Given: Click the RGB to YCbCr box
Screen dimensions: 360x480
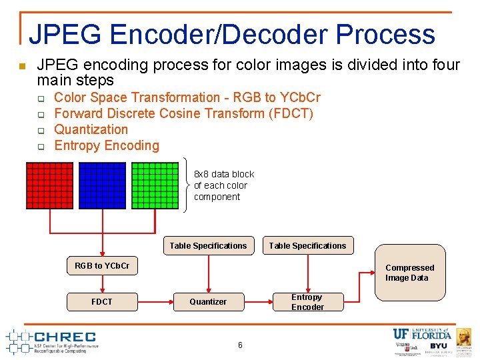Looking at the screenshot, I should coord(102,265).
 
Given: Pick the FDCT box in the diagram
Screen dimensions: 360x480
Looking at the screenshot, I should coord(102,302).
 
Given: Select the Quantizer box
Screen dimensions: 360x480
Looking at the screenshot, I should coord(208,302).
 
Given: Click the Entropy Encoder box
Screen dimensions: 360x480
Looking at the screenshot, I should coord(307,302).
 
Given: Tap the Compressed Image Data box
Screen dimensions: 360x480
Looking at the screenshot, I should coord(409,273).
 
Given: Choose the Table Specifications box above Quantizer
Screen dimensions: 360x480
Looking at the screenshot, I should coord(208,246).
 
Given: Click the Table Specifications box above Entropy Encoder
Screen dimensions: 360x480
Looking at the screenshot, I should coord(307,246).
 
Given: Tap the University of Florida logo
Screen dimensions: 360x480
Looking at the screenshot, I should coord(422,334).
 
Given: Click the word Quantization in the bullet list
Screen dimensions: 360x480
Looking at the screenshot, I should coord(91,129).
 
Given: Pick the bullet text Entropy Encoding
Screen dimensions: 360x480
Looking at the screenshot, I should coord(107,145).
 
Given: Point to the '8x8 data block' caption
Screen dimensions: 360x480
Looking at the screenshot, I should coord(224,174).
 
